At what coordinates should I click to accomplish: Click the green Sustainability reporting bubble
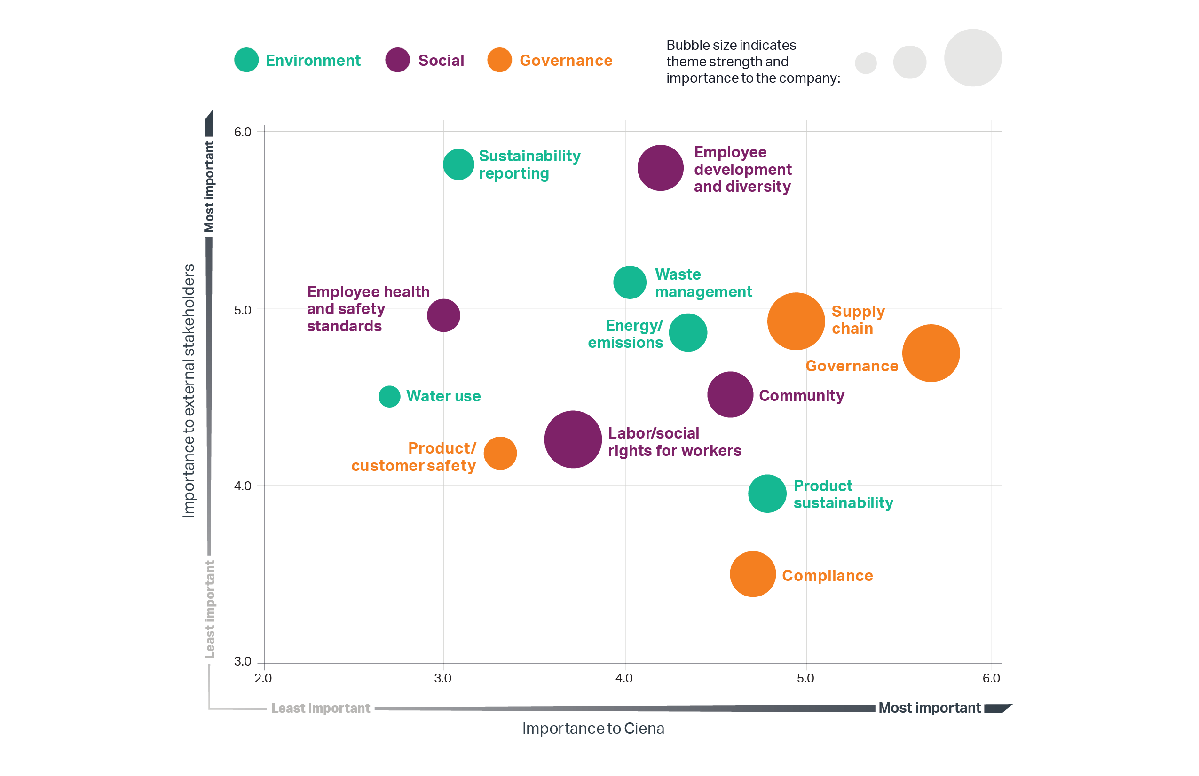[x=458, y=164]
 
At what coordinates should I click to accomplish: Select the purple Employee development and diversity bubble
[x=660, y=168]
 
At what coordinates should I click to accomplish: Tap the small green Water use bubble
[x=389, y=396]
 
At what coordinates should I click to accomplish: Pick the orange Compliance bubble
[x=752, y=573]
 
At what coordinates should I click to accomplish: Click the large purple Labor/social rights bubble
[x=573, y=439]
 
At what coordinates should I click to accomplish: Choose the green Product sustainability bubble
[x=767, y=493]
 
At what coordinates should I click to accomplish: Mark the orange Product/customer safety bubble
[x=500, y=453]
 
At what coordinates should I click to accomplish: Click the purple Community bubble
[x=729, y=394]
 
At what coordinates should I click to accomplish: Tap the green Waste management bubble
[x=629, y=282]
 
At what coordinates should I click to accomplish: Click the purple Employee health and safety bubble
[x=443, y=315]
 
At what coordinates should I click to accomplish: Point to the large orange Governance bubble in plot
[x=931, y=353]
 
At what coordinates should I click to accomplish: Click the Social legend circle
[x=397, y=60]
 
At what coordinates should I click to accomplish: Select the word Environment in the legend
[x=313, y=61]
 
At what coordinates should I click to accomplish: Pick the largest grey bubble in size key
[x=972, y=57]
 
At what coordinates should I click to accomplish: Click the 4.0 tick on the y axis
[x=242, y=486]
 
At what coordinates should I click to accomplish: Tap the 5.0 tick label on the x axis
[x=805, y=678]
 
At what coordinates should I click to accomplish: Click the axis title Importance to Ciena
[x=592, y=728]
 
